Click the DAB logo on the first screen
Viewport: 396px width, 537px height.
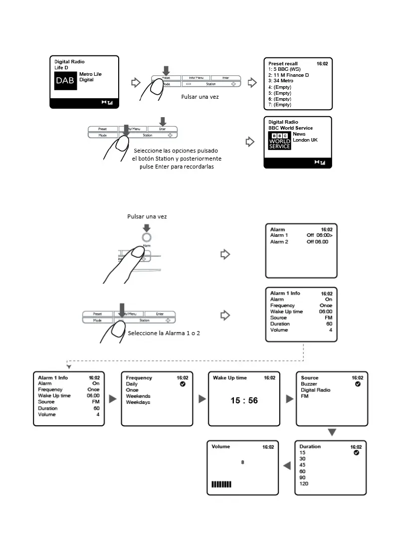point(66,81)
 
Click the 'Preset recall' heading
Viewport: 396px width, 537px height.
point(283,64)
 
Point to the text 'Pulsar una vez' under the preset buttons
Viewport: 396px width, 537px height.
point(200,97)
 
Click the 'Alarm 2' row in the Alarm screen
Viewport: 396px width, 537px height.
point(279,242)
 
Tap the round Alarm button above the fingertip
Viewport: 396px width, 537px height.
point(147,238)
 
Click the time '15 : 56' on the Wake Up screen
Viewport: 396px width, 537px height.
point(244,400)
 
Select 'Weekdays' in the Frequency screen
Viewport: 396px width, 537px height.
point(138,402)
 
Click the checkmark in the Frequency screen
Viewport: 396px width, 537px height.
point(183,384)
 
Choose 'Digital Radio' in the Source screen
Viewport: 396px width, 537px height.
point(315,390)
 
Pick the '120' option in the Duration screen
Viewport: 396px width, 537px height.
point(303,484)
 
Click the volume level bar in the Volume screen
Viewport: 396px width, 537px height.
point(221,484)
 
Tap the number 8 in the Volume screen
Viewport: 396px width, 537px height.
point(243,462)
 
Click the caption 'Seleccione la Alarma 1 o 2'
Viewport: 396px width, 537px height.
point(164,333)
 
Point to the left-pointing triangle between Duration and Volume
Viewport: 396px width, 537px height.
point(287,466)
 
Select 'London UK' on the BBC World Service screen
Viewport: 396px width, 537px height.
point(305,140)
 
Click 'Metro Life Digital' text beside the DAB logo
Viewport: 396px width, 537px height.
point(90,77)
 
